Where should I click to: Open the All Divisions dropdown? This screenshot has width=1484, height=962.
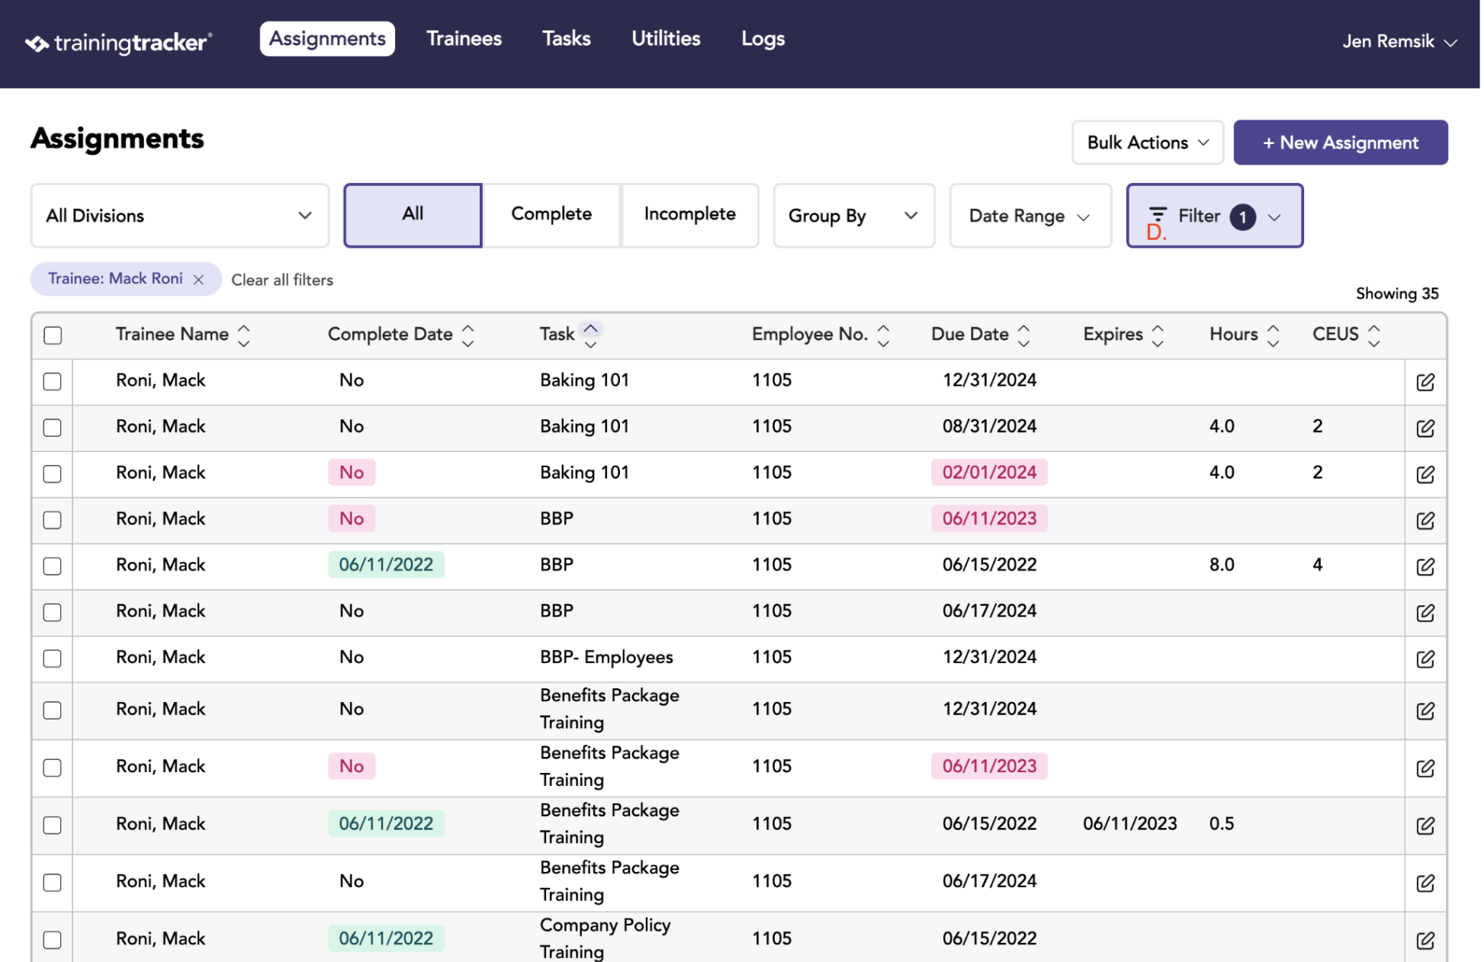click(180, 216)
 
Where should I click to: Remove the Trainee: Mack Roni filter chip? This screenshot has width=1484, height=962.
click(199, 280)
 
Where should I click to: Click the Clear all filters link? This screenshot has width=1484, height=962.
click(283, 281)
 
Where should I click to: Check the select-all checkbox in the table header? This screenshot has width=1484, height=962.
click(53, 335)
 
